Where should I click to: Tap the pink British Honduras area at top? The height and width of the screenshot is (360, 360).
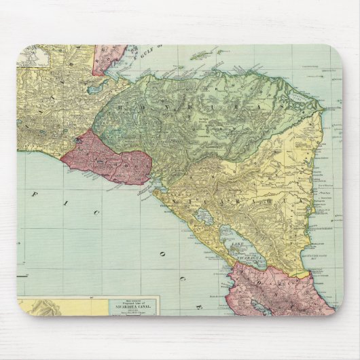109,58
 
